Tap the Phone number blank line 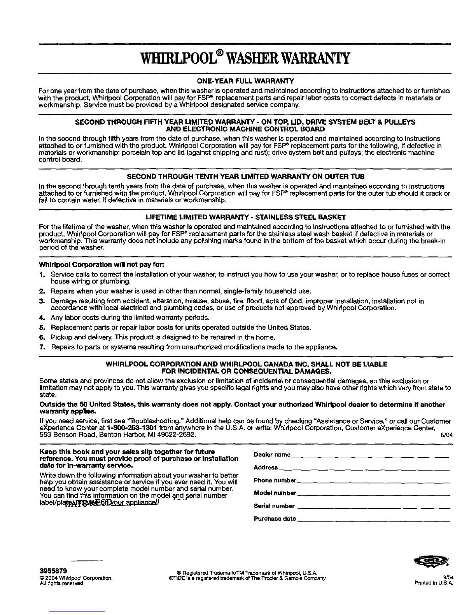(373, 481)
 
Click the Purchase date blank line (373, 520)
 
